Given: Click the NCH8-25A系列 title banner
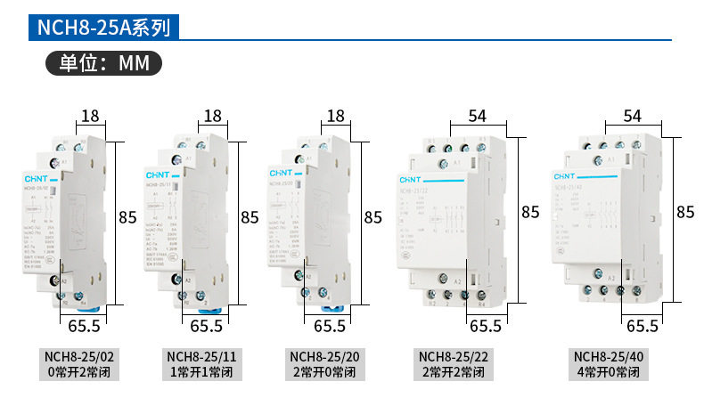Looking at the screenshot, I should [102, 27].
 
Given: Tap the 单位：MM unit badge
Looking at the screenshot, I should [103, 64].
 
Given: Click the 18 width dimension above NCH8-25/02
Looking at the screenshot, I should [90, 116].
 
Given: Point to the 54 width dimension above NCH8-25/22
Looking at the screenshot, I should [478, 116].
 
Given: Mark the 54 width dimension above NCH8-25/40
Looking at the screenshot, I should [633, 116].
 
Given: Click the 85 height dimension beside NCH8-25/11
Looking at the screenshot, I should [250, 216].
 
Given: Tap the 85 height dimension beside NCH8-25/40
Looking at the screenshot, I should [685, 212].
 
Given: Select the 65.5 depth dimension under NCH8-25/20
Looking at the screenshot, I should [330, 326].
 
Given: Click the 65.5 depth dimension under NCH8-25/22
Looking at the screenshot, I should [486, 326].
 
